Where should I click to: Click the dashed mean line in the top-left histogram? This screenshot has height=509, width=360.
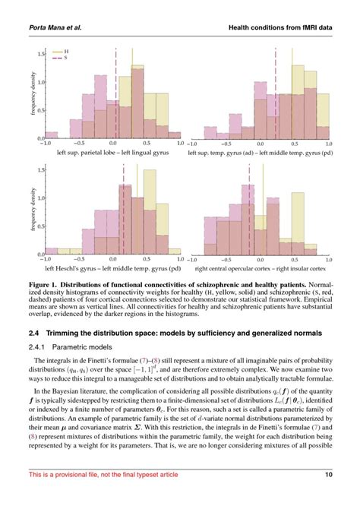[115, 91]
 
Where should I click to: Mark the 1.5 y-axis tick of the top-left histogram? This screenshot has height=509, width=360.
[40, 55]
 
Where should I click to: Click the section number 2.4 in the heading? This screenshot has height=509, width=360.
[30, 334]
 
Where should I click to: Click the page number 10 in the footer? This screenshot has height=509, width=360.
[329, 496]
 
